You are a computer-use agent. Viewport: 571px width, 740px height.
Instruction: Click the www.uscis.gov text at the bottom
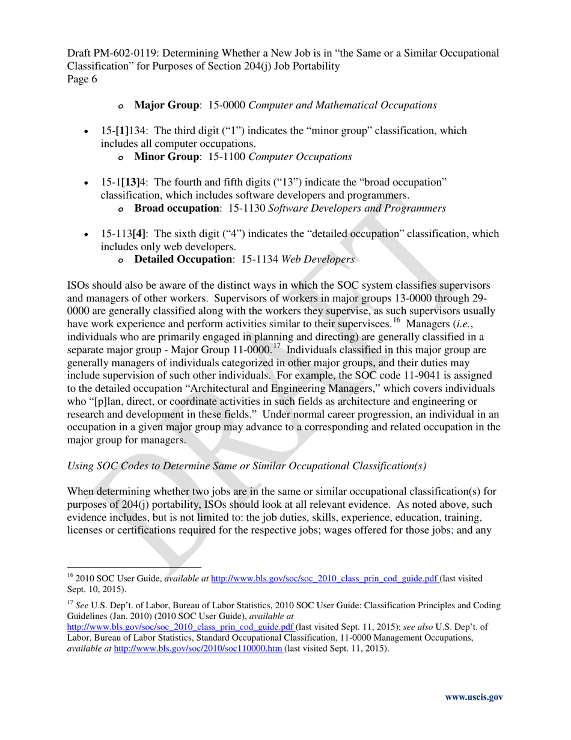[473, 697]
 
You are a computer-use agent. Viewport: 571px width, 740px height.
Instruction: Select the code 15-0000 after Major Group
[227, 105]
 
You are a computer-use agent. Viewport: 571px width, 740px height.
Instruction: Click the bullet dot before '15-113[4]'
[89, 234]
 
